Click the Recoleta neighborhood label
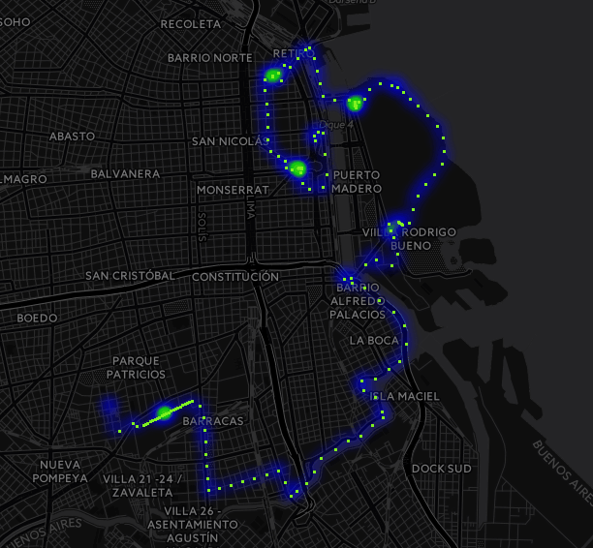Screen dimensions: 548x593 tap(191, 23)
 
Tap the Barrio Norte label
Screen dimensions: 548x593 tap(209, 58)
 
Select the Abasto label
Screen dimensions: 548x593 tap(72, 137)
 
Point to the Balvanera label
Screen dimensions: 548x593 tap(125, 174)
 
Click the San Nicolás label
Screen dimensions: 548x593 tap(227, 141)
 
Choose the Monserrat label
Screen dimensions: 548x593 tap(231, 190)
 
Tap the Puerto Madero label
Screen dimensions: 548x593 tap(356, 182)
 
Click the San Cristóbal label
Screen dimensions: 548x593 tap(130, 276)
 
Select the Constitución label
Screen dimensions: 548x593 tap(235, 277)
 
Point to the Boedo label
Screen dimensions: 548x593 tap(37, 318)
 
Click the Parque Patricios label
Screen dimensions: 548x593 tap(136, 367)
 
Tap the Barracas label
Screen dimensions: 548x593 tap(212, 421)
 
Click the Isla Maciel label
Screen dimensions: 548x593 tap(406, 396)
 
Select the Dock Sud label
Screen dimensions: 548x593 tap(441, 469)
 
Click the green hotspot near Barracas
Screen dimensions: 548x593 tap(165, 413)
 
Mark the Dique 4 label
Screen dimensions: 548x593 tap(336, 124)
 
